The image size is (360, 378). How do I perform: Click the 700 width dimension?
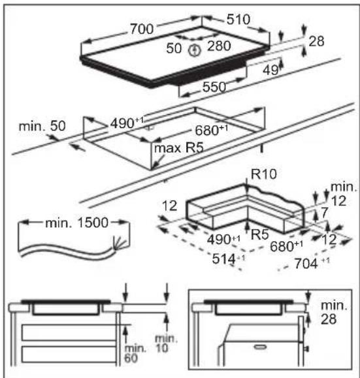142,29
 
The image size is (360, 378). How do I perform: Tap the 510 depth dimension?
238,20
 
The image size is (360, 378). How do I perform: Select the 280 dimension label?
219,46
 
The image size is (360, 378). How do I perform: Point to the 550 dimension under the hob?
214,87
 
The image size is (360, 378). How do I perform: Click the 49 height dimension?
270,70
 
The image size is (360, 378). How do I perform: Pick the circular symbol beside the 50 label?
194,50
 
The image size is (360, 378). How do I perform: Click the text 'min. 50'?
42,126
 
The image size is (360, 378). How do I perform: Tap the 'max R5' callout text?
179,148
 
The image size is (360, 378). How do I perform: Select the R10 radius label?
264,174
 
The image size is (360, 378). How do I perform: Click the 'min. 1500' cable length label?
76,223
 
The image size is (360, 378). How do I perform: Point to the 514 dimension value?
223,259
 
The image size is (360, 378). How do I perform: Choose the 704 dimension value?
306,264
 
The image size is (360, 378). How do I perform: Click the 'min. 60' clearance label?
135,353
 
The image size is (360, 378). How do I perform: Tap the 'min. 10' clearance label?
166,343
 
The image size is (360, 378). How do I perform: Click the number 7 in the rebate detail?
324,212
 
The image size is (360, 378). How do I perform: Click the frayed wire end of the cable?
120,242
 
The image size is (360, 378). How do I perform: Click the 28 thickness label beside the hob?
316,41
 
